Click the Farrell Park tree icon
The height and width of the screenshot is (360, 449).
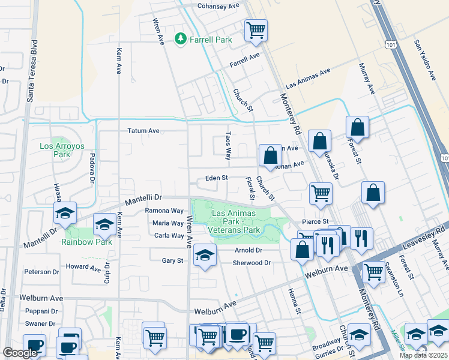[x=180, y=39]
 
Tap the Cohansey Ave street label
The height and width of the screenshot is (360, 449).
[x=218, y=5]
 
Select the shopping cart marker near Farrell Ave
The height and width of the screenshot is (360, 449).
[x=256, y=29]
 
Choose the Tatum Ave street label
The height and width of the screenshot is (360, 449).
[x=143, y=130]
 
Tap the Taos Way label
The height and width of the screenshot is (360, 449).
[x=228, y=146]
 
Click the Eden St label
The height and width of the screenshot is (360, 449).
[x=217, y=178]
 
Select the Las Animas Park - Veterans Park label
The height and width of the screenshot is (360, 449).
[x=234, y=221]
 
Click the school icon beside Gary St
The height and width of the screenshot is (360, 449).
[x=205, y=254]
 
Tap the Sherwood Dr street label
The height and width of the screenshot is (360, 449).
[x=252, y=263]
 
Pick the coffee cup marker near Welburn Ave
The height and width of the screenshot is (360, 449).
[x=238, y=334]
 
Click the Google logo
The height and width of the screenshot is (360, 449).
[x=20, y=353]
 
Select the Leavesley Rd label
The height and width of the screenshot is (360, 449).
[x=424, y=237]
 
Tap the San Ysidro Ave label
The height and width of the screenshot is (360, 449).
[x=424, y=61]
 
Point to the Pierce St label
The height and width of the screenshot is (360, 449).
[x=317, y=221]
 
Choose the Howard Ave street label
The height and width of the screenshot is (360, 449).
[x=83, y=266]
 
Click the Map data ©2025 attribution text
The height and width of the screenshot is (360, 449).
[x=423, y=355]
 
